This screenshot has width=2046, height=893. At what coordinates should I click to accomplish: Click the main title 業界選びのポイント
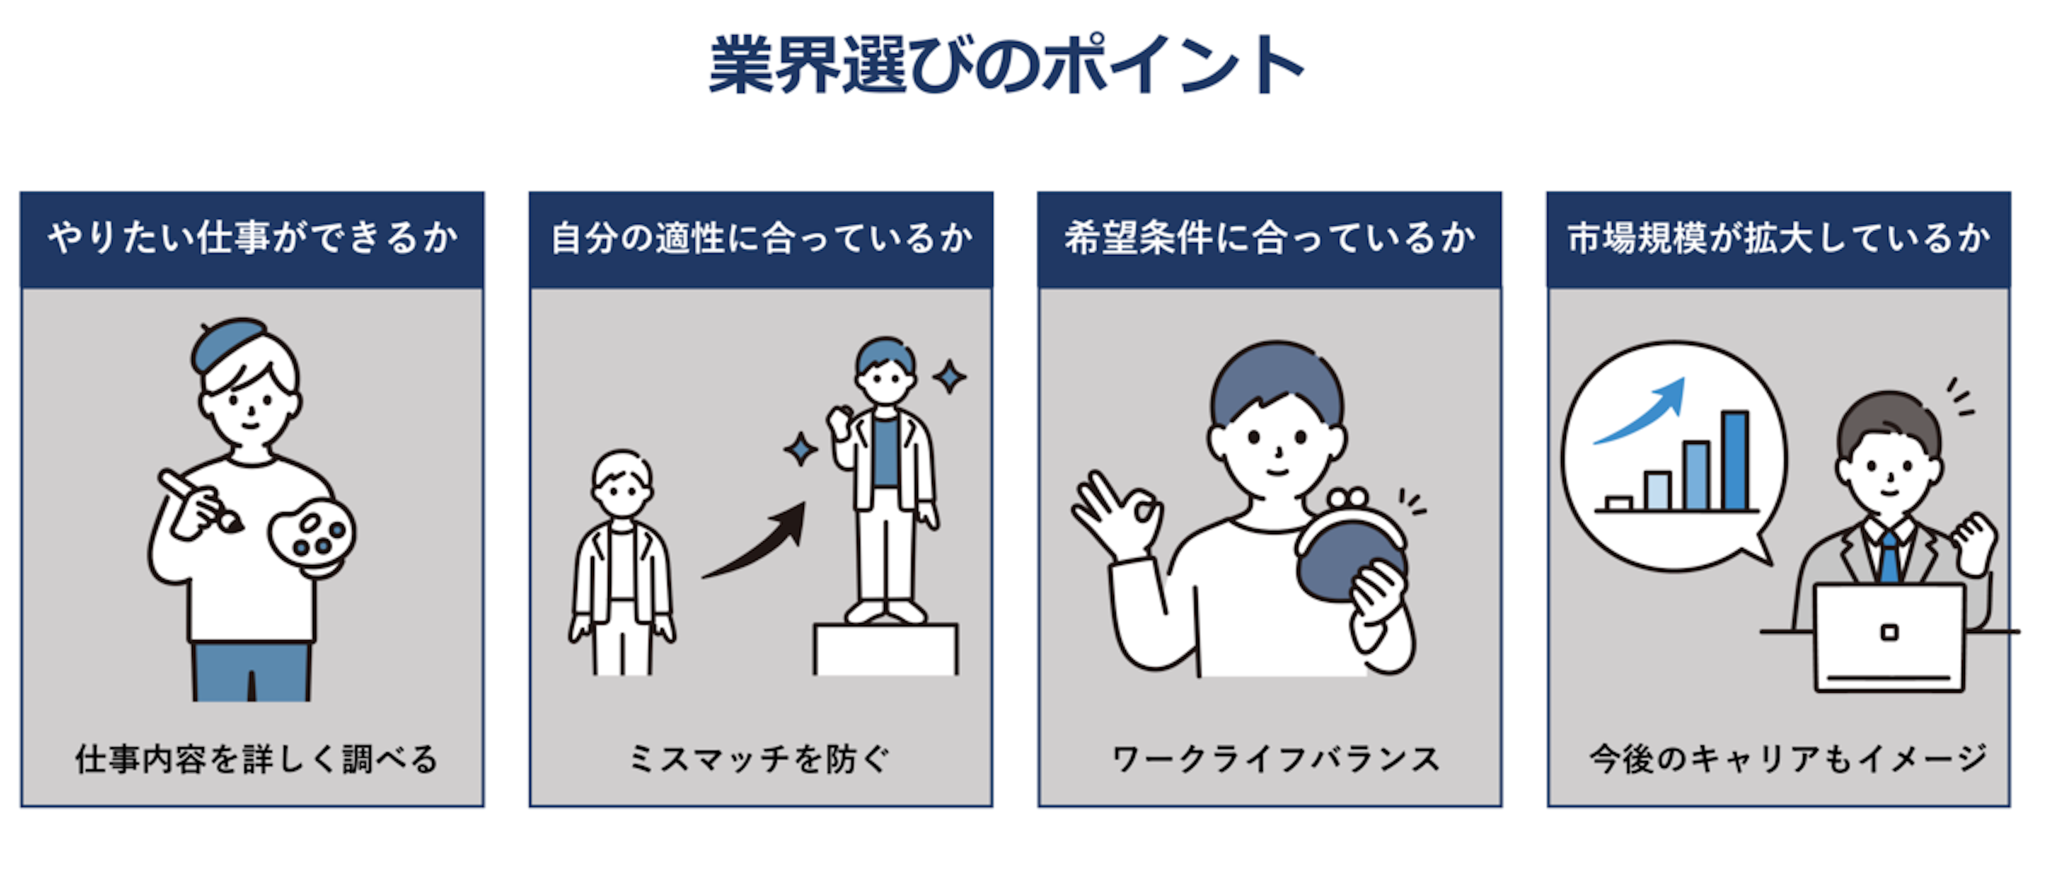coord(1005,65)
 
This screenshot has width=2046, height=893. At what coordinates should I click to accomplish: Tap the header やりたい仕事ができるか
coord(253,238)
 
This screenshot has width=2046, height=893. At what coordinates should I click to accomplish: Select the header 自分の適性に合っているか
coord(761,238)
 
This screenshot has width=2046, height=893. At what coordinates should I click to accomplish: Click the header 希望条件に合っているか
coord(1269,238)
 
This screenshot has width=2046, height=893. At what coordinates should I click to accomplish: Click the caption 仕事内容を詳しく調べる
coord(256,759)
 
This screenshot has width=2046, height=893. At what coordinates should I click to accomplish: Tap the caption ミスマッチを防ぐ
coord(759,759)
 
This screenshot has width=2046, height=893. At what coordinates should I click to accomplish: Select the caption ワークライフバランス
coord(1276,759)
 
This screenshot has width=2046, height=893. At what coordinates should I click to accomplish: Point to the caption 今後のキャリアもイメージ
coord(1787,759)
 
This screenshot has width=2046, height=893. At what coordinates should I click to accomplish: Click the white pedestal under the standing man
coord(886,649)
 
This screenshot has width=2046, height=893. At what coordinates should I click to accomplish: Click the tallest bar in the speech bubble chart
coord(1735,461)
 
